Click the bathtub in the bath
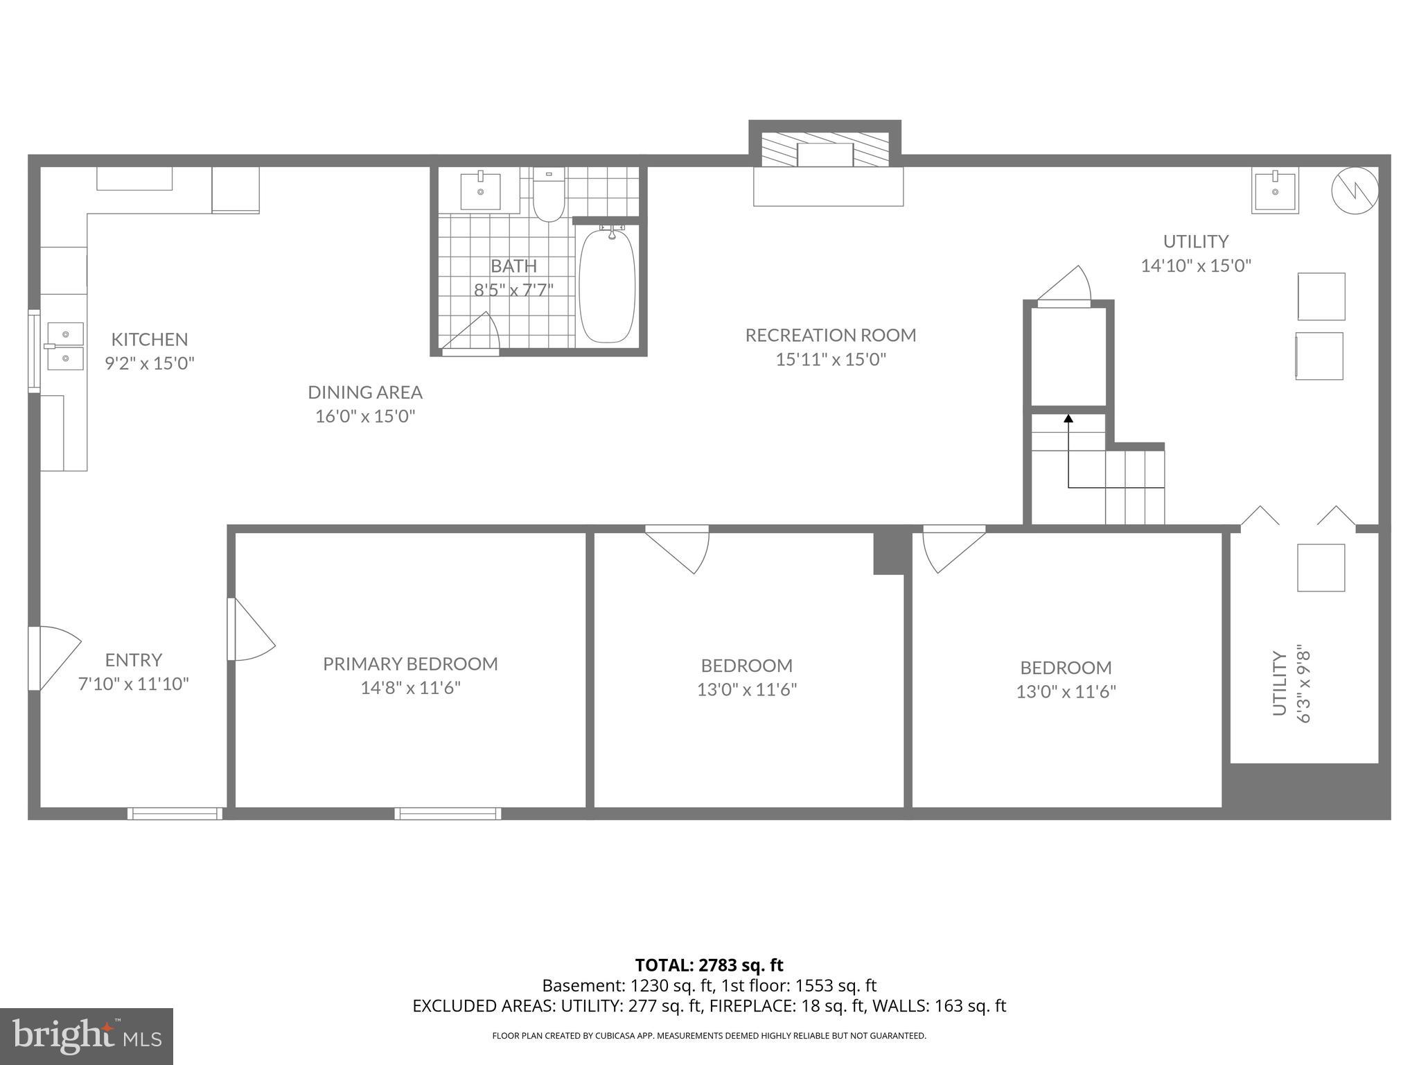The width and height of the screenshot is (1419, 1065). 607,286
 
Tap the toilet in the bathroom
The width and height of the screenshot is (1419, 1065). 549,195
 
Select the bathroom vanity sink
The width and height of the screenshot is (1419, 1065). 480,191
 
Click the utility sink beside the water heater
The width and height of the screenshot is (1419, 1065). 1275,190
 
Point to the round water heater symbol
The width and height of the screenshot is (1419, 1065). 1355,191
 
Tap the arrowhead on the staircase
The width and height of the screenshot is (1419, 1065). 1068,419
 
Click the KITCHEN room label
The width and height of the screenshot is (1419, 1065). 150,339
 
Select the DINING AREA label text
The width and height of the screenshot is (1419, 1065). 365,392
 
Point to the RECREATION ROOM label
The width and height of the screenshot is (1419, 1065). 831,336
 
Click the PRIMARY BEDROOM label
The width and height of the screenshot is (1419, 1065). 410,664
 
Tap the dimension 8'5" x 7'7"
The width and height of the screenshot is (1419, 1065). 513,290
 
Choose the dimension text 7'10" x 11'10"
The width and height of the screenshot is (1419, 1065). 133,684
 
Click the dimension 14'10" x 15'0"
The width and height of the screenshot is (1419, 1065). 1196,266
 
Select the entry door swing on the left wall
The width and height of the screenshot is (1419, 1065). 53,657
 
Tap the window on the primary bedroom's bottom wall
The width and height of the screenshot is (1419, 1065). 448,813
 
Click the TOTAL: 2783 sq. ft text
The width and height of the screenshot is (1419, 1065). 709,965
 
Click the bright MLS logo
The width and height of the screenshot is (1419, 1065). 86,1036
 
